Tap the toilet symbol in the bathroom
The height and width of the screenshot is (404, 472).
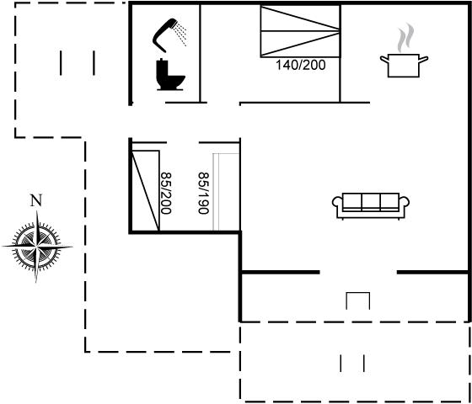tap(169, 75)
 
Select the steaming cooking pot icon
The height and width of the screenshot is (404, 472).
tap(404, 50)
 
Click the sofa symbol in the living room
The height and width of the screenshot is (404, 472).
tap(371, 206)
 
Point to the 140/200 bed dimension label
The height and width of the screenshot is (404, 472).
tap(301, 66)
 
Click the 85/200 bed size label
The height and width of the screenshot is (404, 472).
tap(166, 193)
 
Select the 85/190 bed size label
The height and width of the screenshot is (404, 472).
tap(203, 193)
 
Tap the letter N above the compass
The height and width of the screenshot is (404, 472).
tap(36, 200)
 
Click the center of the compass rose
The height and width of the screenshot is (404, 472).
tap(37, 247)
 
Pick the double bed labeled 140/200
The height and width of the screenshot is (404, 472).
tap(300, 31)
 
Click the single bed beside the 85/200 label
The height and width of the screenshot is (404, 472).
tap(145, 191)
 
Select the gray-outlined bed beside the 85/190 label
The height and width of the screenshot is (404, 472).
tap(226, 193)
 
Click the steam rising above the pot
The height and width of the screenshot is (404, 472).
tap(405, 38)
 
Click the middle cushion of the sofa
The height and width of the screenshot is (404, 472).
tap(371, 201)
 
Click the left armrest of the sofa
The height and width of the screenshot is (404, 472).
tap(337, 206)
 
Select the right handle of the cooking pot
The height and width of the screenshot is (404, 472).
tap(424, 60)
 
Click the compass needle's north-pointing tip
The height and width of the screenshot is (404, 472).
tap(37, 210)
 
